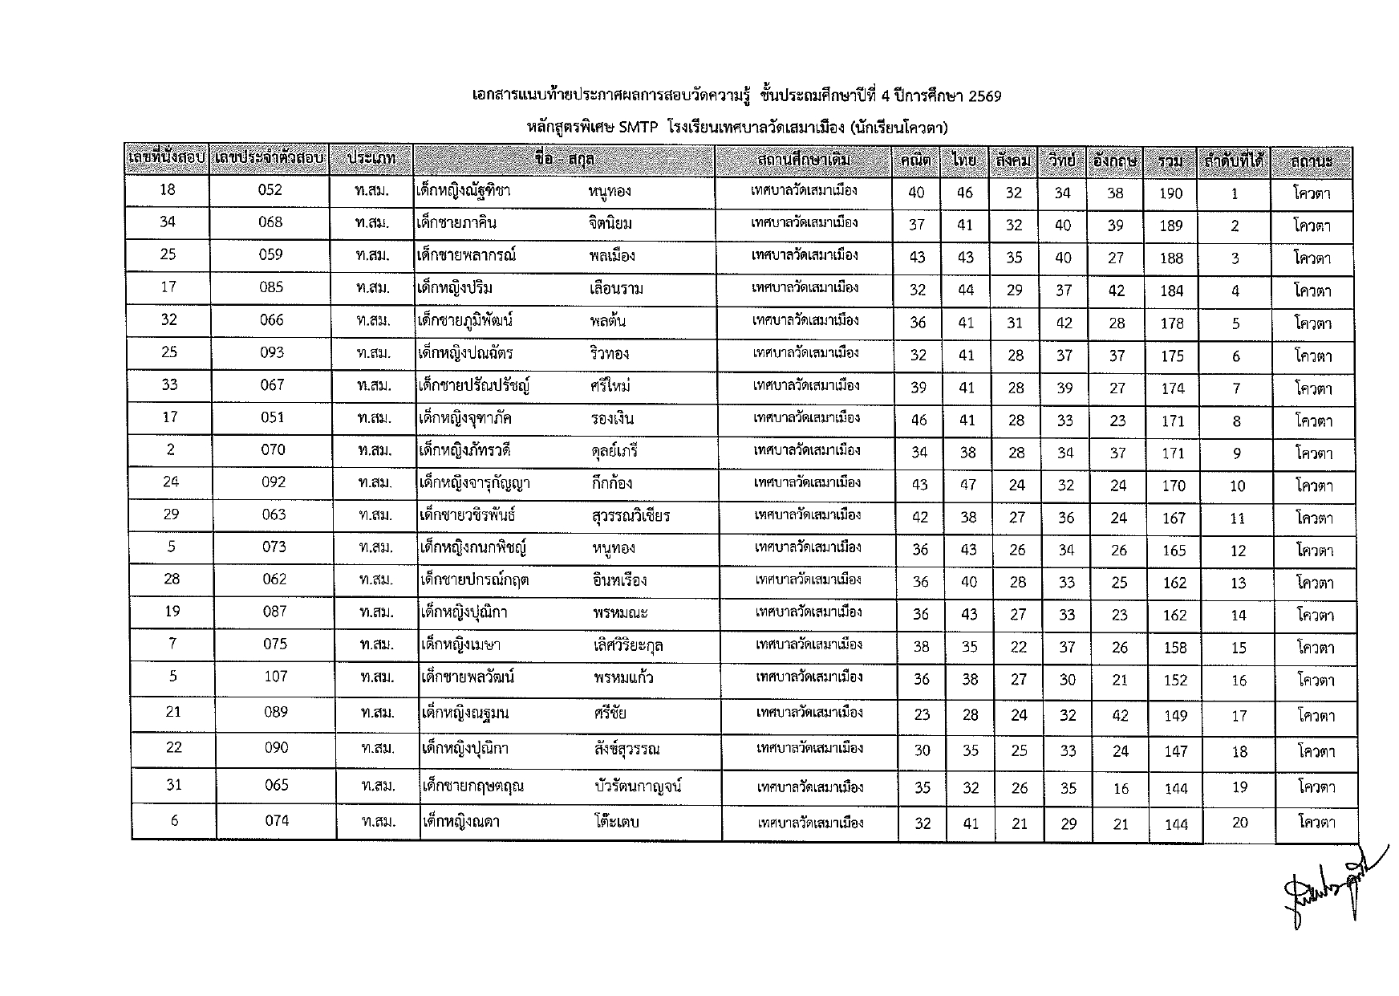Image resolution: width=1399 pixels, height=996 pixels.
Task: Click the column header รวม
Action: (x=1170, y=161)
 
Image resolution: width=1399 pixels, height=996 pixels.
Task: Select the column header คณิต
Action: (x=915, y=161)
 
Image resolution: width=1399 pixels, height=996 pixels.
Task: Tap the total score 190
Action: (x=1170, y=193)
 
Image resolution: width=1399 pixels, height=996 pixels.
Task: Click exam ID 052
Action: (x=270, y=189)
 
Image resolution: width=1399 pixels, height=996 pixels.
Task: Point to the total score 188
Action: (x=1171, y=258)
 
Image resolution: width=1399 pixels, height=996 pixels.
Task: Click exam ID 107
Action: (x=275, y=677)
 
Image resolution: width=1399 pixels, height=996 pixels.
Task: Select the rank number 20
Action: (x=1239, y=822)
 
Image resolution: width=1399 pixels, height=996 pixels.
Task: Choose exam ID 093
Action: (x=272, y=352)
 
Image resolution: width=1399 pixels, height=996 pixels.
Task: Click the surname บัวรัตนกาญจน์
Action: (x=639, y=786)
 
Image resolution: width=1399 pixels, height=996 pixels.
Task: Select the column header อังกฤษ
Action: (x=1115, y=161)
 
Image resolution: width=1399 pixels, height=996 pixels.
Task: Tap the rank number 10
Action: (x=1237, y=486)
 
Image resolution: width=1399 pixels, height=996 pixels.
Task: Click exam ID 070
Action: (x=273, y=449)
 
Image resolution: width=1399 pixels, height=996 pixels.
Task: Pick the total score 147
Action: (x=1175, y=751)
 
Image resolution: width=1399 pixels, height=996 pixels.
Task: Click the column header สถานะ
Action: (x=1312, y=161)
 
